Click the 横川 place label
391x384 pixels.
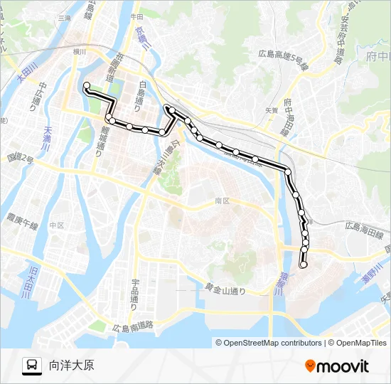click(x=78, y=51)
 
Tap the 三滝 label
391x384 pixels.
click(x=65, y=17)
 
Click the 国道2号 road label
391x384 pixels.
click(x=20, y=159)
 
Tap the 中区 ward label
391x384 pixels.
click(x=57, y=225)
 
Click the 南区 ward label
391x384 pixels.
click(x=223, y=201)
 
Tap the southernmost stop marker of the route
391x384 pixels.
click(x=304, y=265)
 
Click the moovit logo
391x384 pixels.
click(x=337, y=366)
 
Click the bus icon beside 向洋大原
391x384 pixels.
click(x=32, y=366)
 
